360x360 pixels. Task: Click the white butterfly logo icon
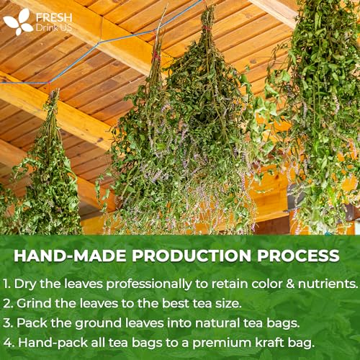pyautogui.click(x=18, y=22)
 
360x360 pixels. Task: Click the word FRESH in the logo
pyautogui.click(x=54, y=18)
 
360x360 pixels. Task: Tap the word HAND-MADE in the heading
pyautogui.click(x=70, y=256)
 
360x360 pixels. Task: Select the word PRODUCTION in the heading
pyautogui.click(x=192, y=256)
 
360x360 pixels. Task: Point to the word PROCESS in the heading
pyautogui.click(x=298, y=256)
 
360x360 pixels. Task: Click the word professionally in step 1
pyautogui.click(x=149, y=284)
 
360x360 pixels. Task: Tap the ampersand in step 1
pyautogui.click(x=290, y=284)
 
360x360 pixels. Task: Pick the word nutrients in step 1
pyautogui.click(x=328, y=284)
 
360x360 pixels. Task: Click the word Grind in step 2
pyautogui.click(x=34, y=303)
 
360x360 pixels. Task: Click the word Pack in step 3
pyautogui.click(x=32, y=323)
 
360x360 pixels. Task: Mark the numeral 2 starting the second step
pyautogui.click(x=7, y=303)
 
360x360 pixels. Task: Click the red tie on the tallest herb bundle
pyautogui.click(x=207, y=28)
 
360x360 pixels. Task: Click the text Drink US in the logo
pyautogui.click(x=54, y=28)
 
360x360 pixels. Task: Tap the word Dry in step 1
pyautogui.click(x=25, y=284)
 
